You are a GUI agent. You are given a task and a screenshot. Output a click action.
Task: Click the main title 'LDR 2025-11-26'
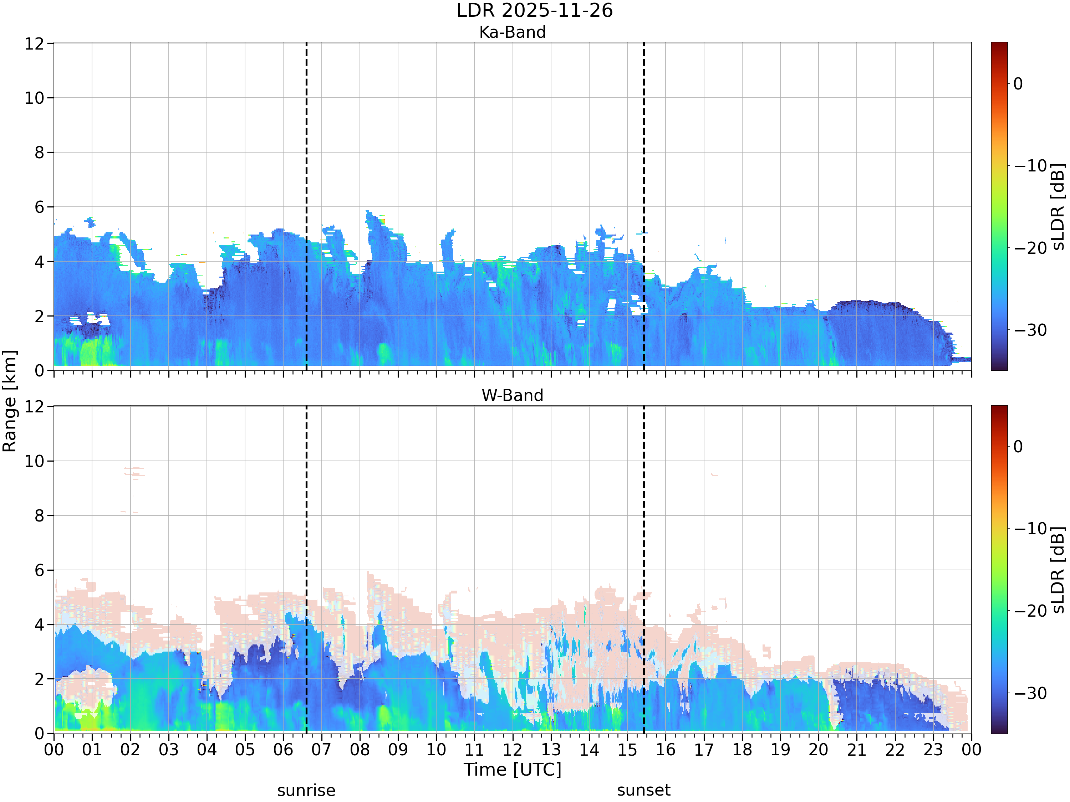(535, 11)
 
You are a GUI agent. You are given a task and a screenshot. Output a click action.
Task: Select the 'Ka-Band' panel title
(512, 32)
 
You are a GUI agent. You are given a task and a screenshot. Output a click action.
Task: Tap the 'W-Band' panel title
(512, 395)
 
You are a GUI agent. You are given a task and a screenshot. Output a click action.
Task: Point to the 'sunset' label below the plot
(644, 790)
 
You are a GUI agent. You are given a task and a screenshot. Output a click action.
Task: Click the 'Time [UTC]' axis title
(512, 770)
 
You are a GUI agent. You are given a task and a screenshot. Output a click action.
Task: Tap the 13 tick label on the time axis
(551, 750)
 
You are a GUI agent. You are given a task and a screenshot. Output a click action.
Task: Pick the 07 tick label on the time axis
(321, 750)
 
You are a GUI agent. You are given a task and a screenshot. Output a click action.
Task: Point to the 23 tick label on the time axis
(933, 750)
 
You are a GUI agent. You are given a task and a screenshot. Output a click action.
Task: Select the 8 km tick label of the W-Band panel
(40, 516)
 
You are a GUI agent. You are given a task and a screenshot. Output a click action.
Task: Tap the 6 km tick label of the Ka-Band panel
(40, 207)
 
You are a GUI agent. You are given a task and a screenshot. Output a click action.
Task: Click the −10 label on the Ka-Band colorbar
(1030, 166)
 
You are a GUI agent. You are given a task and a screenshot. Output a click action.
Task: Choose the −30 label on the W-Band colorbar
(1030, 693)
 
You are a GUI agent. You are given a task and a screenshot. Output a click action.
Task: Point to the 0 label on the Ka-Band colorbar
(1018, 84)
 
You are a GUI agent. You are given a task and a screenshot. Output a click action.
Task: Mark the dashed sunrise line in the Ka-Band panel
(306, 206)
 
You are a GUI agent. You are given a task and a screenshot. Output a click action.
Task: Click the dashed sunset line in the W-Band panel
(644, 570)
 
